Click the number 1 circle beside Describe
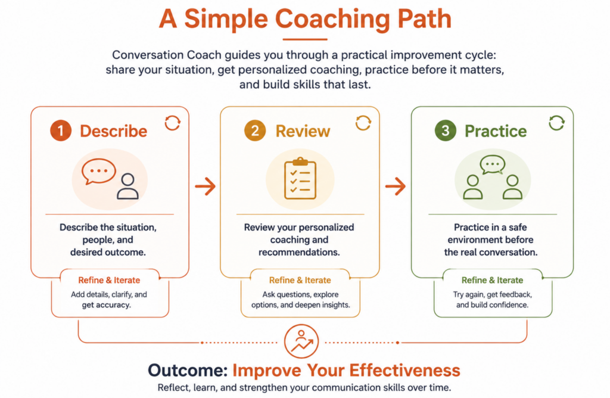[61, 130]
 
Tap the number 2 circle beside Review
[255, 130]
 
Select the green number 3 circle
[446, 130]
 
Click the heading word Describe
[114, 131]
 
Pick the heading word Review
[303, 131]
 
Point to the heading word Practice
[496, 131]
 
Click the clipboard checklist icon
[300, 178]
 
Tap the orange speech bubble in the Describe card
[98, 171]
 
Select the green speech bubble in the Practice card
[493, 164]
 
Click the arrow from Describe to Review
[206, 186]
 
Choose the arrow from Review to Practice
[396, 186]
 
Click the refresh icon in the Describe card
[172, 123]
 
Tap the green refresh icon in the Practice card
[557, 123]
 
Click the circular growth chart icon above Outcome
[301, 341]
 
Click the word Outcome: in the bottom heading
[188, 371]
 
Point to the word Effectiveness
[404, 371]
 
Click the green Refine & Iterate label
[492, 280]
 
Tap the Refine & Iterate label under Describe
[109, 280]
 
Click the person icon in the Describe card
[127, 186]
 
